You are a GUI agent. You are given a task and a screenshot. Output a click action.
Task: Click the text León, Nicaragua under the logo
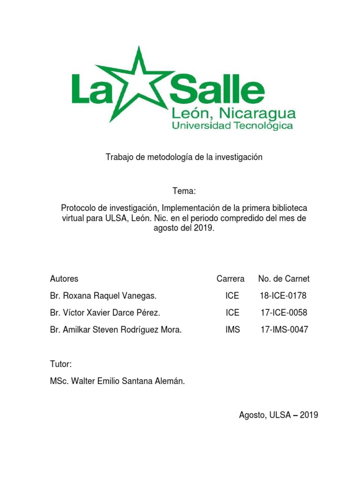[233, 113]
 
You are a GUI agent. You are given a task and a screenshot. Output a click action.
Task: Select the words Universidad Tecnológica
[232, 126]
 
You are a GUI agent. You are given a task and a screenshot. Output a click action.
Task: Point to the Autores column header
[64, 279]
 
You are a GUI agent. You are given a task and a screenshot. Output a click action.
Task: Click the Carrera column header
[230, 279]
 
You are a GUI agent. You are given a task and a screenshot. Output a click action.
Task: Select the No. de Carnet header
[284, 279]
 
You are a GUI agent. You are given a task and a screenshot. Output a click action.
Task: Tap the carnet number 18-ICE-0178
[284, 296]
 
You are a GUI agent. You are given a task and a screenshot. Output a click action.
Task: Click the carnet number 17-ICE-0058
[284, 313]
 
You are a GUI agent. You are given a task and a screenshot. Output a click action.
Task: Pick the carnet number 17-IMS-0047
[284, 330]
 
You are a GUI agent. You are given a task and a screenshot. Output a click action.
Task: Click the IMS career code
[232, 330]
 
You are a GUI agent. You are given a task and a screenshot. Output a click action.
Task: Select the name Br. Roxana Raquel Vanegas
[103, 296]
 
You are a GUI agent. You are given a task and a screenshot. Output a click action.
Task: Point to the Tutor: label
[60, 364]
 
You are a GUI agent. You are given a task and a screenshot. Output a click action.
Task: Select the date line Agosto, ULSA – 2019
[278, 414]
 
